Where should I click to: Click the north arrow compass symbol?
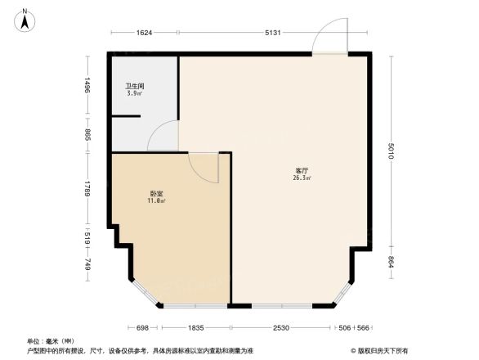point(25,18)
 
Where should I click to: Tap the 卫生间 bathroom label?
point(134,85)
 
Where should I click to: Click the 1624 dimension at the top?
point(144,33)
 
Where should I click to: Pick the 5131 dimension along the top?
point(273,33)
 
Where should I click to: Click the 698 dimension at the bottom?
point(142,327)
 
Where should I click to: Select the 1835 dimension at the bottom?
point(194,327)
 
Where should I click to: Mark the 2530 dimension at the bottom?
point(280,327)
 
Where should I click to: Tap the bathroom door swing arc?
point(162,136)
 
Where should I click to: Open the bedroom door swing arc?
point(204,168)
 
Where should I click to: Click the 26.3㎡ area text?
point(302,178)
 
